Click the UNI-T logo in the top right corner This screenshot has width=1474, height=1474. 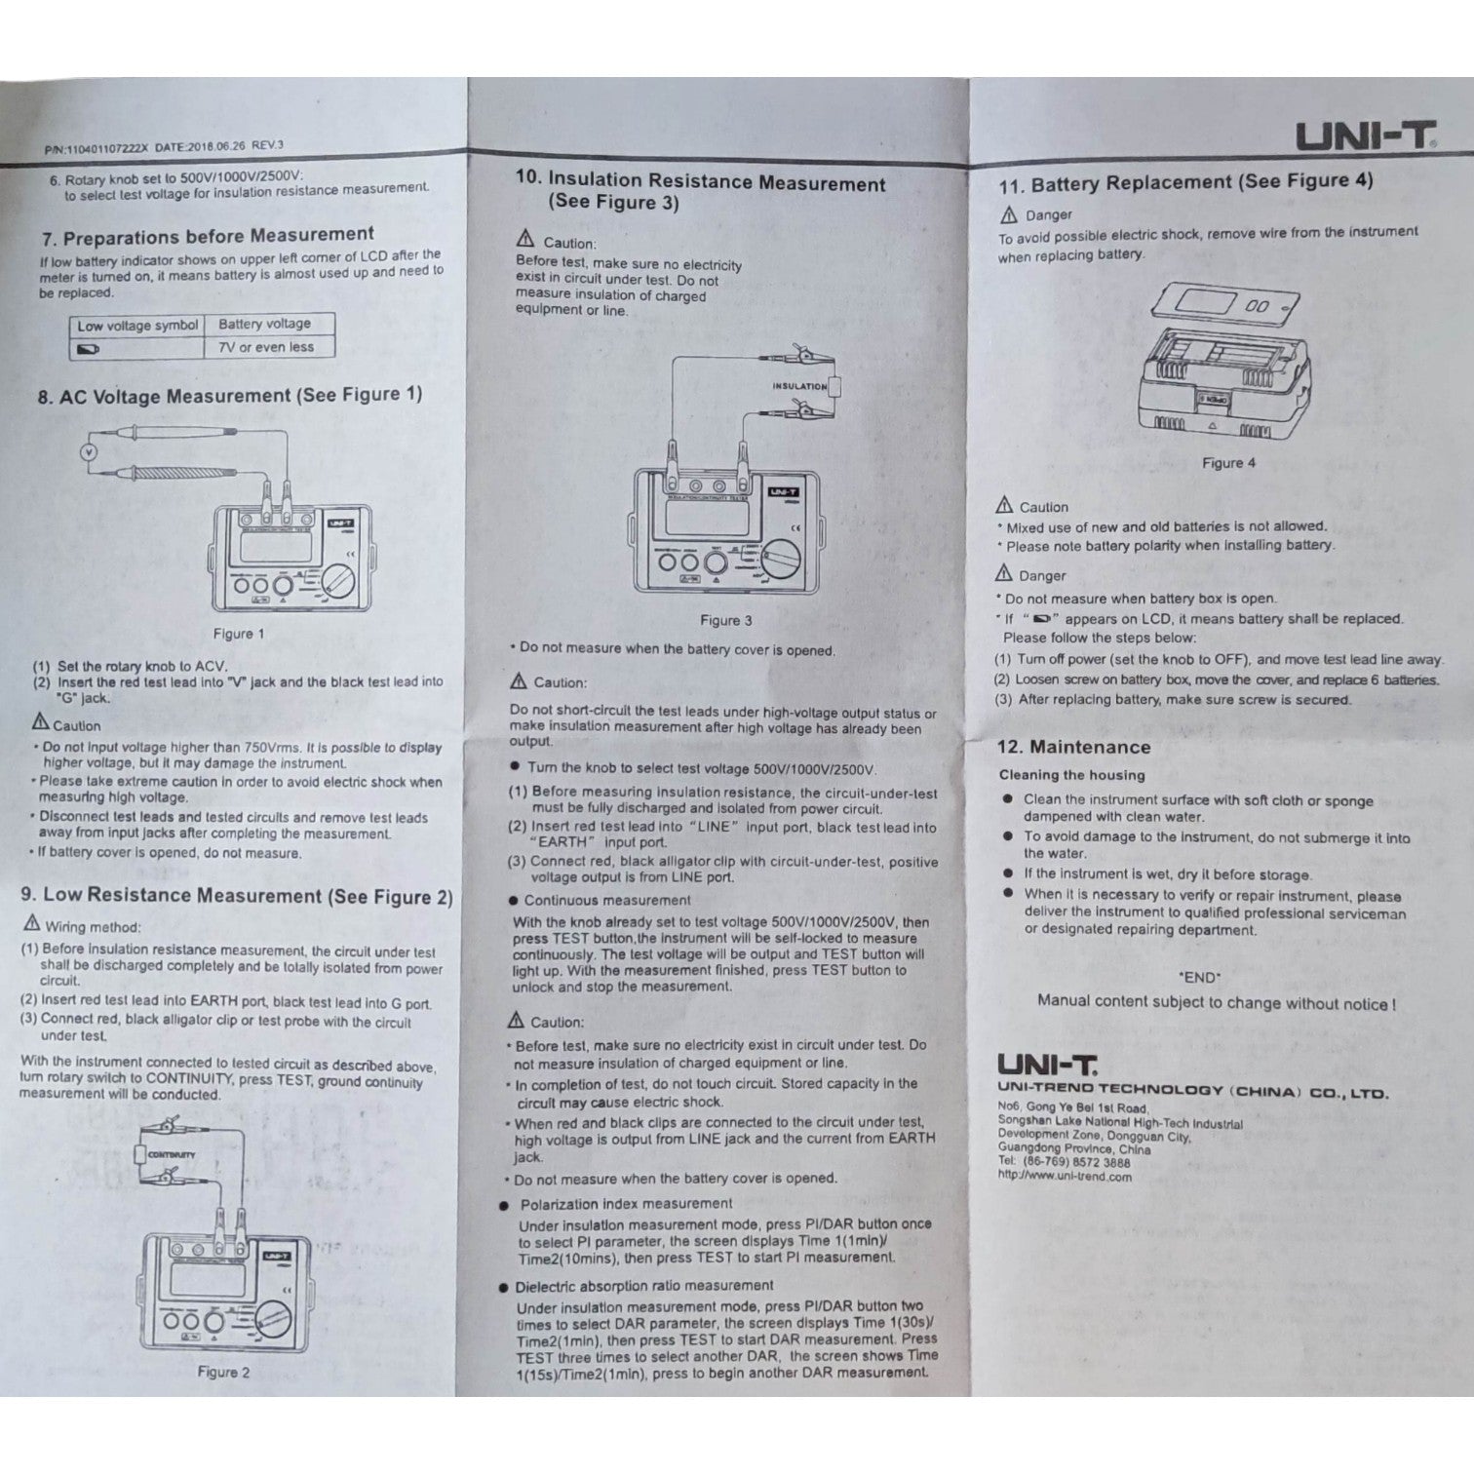tap(1365, 136)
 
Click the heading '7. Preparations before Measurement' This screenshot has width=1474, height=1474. tap(208, 236)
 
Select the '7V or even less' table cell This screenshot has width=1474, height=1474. tap(266, 347)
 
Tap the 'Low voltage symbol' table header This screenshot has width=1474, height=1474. tap(137, 326)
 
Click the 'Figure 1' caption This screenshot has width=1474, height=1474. tap(239, 634)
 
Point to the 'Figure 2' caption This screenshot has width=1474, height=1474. tap(223, 1372)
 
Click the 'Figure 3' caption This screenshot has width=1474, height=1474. tap(726, 620)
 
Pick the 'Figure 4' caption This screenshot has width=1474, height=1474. tap(1228, 463)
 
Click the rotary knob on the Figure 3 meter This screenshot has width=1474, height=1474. tap(781, 562)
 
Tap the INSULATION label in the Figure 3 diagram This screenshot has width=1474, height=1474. tap(799, 386)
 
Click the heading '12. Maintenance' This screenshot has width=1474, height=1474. tap(1072, 748)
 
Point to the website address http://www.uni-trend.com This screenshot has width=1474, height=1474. tap(1065, 1176)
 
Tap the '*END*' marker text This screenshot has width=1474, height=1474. tap(1198, 977)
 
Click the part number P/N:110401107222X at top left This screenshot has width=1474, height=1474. tap(96, 149)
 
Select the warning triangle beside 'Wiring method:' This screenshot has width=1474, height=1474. tap(32, 923)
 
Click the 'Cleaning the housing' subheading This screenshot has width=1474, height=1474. tap(1071, 775)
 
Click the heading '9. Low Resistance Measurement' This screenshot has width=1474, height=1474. tap(237, 896)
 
